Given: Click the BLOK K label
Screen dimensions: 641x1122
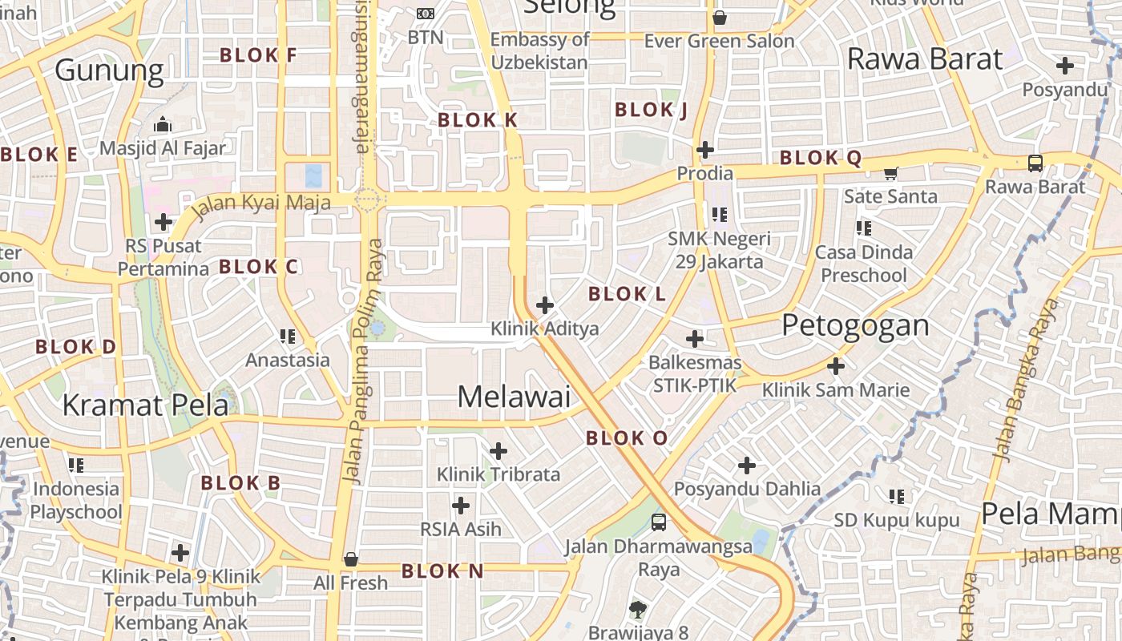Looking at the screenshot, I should point(478,120).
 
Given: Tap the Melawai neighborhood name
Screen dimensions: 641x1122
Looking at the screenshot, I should point(514,397).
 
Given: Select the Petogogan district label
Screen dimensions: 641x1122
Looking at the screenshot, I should point(855,325).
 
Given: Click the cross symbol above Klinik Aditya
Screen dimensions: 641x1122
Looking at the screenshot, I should point(545,305).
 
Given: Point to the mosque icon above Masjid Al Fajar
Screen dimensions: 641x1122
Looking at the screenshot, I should point(163,124).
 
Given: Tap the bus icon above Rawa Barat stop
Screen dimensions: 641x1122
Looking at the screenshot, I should point(1035,163).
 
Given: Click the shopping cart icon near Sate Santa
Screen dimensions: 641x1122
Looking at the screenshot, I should point(890,173).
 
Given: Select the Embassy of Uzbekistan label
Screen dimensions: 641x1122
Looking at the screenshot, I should point(539,50).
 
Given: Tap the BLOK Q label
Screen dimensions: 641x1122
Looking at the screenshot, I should point(821,158).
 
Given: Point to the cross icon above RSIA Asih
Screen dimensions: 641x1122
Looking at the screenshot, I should point(461,506).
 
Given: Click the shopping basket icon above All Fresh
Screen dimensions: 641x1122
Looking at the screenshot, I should point(350,558).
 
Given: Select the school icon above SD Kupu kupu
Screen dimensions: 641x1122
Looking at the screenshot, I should point(897,497).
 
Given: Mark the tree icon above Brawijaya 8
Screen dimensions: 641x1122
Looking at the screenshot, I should point(638,610).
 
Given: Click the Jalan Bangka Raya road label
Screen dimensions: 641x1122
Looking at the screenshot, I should point(1025,381).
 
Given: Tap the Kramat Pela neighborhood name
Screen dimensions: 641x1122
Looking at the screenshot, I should point(145,405).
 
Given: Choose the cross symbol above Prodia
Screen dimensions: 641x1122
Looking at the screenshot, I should point(705,149).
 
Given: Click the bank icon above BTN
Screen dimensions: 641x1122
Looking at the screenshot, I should point(426,14).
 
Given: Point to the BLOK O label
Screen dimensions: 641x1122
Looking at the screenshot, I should point(626,438).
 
